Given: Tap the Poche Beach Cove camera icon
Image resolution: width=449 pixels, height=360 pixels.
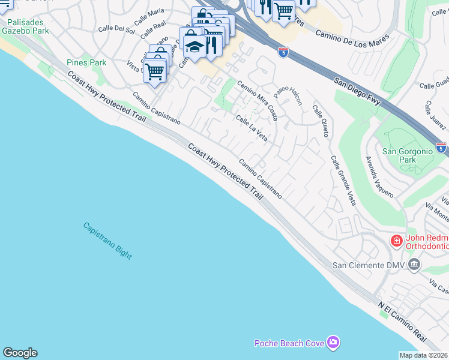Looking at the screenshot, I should [333, 343].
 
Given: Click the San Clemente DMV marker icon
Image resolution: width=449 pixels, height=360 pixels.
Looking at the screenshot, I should [414, 265].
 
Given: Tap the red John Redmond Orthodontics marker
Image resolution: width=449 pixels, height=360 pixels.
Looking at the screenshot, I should [396, 241].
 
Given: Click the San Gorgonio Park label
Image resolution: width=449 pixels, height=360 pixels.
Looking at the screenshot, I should [408, 156].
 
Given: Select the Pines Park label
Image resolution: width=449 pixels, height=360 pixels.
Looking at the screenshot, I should [86, 62].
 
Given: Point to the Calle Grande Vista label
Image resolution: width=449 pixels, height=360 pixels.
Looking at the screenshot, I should [343, 181].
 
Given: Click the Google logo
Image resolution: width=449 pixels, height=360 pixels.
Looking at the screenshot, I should [20, 353].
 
